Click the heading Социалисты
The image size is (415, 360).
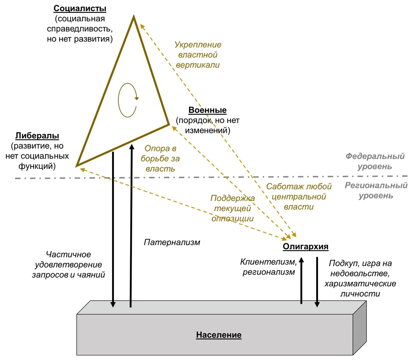pyautogui.click(x=80, y=8)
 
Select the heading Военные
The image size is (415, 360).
pyautogui.click(x=207, y=110)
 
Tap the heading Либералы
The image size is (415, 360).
pyautogui.click(x=37, y=136)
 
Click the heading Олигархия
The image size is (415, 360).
pyautogui.click(x=305, y=247)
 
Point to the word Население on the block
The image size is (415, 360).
pyautogui.click(x=219, y=335)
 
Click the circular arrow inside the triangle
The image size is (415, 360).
pyautogui.click(x=127, y=100)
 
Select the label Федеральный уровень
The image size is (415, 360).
pyautogui.click(x=375, y=161)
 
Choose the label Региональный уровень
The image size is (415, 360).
pyautogui.click(x=376, y=190)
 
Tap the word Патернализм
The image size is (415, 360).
pyautogui.click(x=172, y=242)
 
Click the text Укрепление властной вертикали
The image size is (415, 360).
pyautogui.click(x=198, y=55)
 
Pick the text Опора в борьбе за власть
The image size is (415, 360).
pyautogui.click(x=160, y=159)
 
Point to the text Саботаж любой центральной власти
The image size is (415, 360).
pyautogui.click(x=299, y=197)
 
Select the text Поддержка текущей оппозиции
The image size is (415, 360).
pyautogui.click(x=232, y=208)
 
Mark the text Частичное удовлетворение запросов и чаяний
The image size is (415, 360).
pyautogui.click(x=68, y=265)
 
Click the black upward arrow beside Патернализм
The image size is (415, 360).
pyautogui.click(x=131, y=225)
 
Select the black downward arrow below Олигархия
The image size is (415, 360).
pyautogui.click(x=317, y=282)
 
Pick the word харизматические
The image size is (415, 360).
pyautogui.click(x=360, y=284)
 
